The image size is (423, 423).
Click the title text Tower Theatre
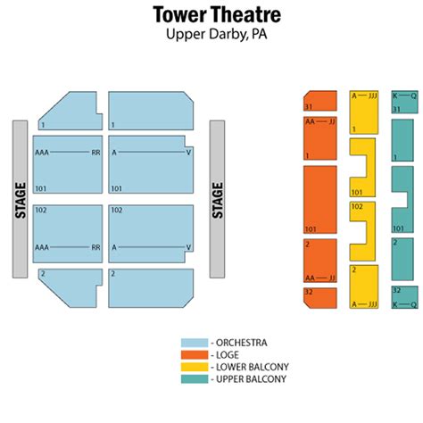tap(217, 14)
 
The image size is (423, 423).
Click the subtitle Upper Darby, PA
tap(216, 34)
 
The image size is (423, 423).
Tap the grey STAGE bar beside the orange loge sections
tap(217, 199)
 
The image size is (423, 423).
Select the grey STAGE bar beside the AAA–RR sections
tap(20, 199)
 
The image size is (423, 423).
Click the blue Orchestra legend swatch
tap(195, 343)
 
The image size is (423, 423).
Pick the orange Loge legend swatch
tap(195, 355)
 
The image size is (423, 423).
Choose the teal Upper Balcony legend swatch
tap(195, 379)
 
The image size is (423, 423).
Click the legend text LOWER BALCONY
tap(253, 367)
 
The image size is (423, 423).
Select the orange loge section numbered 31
tap(320, 101)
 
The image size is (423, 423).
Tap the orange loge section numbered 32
tap(320, 298)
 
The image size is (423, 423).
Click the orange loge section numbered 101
tap(320, 200)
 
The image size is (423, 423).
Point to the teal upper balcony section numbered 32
tap(404, 297)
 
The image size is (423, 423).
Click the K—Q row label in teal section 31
tap(404, 96)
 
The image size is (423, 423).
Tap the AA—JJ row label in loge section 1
tap(320, 121)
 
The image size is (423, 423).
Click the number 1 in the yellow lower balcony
tap(354, 129)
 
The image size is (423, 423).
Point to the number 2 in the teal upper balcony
tap(395, 243)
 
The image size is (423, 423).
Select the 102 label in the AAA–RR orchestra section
tap(41, 211)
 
